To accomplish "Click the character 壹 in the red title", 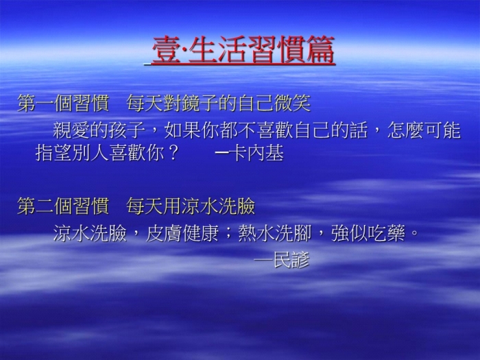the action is (166, 50).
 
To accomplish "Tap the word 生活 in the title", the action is (217, 50).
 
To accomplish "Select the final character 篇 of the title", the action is (320, 50).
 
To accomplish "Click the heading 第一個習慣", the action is (63, 103).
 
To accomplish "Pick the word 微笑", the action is (293, 103).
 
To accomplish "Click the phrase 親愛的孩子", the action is (99, 130).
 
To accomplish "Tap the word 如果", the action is (182, 130).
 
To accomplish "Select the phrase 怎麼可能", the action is (424, 130).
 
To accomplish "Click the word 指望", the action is (54, 153).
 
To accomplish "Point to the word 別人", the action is (91, 153).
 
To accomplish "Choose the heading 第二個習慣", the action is (63, 206).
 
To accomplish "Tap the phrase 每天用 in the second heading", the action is (154, 206).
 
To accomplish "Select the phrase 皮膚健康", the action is (182, 233).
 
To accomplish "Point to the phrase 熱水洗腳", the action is (274, 233).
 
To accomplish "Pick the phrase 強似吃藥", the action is (368, 233).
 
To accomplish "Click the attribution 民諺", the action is (291, 260).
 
